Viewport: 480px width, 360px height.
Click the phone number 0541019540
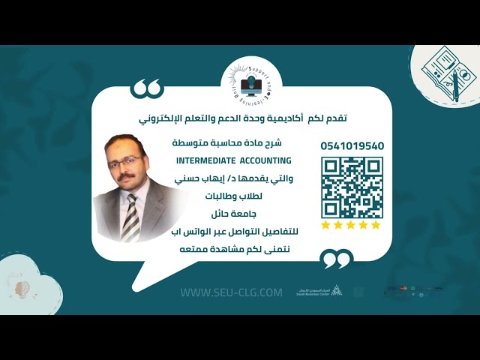point(352,145)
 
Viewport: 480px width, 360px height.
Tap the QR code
point(352,187)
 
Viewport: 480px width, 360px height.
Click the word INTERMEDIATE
point(206,160)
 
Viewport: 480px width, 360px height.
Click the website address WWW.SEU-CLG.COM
point(231,292)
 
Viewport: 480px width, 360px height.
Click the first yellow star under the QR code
point(326,225)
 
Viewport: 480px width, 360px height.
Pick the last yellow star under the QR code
point(376,225)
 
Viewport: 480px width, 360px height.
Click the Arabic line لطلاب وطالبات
point(231,197)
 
